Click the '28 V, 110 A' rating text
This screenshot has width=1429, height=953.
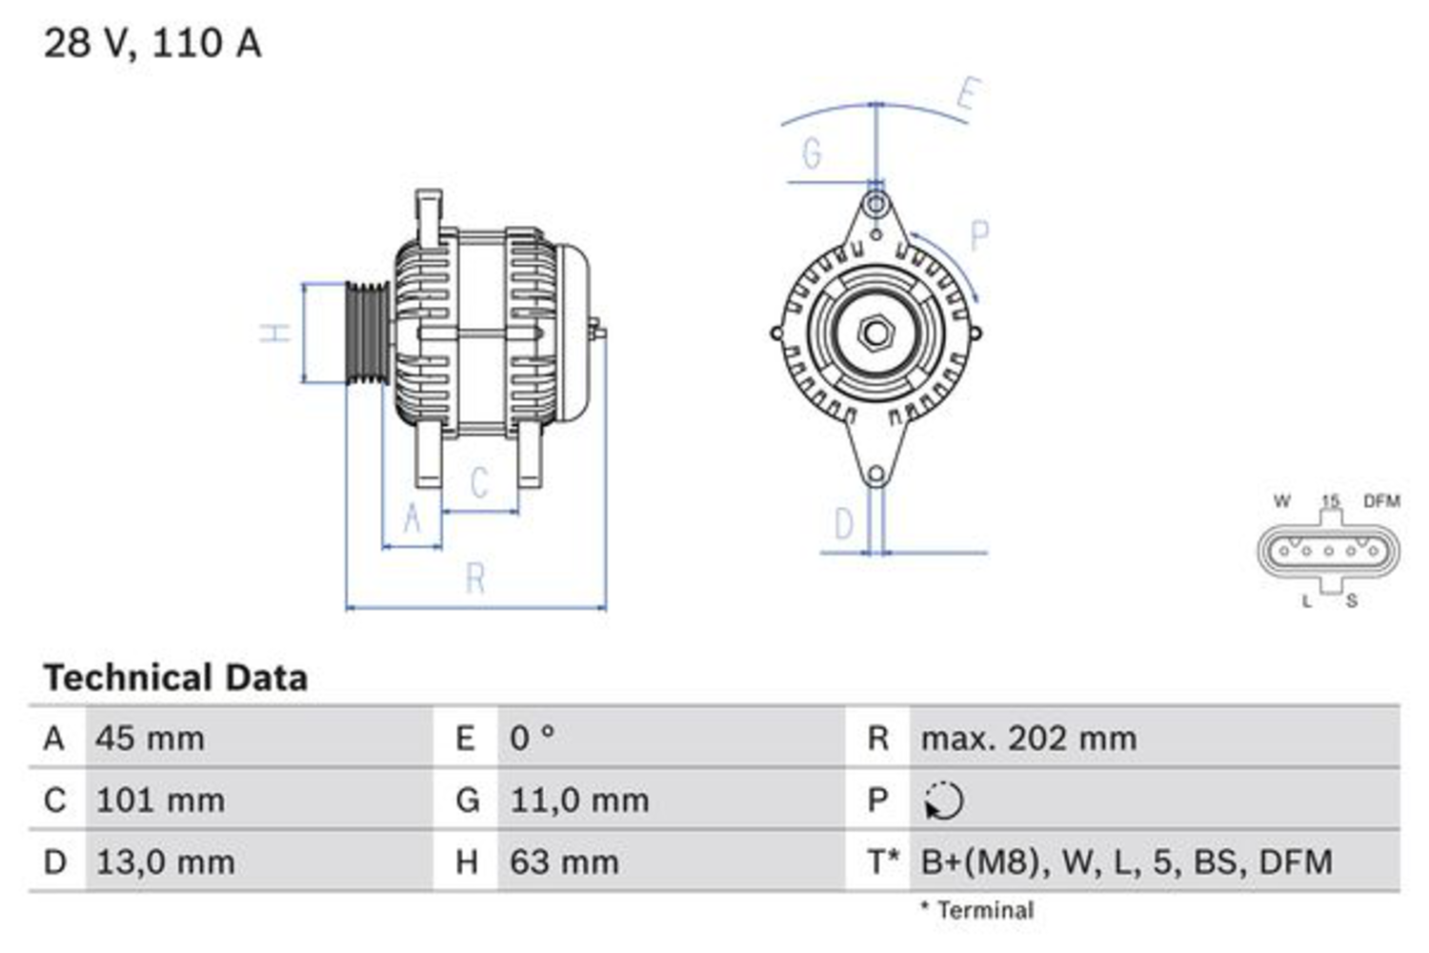tap(152, 43)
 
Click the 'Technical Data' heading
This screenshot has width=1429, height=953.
tap(175, 678)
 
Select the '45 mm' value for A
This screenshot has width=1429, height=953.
tap(150, 739)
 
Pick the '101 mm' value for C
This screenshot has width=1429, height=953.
tap(160, 801)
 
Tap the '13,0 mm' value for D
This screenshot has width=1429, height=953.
tap(165, 862)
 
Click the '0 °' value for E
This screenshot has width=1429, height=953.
tap(532, 739)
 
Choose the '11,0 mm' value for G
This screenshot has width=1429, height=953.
tap(579, 801)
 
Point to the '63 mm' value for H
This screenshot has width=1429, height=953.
tap(564, 862)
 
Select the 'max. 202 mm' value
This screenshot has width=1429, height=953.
tap(1029, 739)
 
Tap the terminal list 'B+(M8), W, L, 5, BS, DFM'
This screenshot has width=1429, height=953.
tap(1126, 862)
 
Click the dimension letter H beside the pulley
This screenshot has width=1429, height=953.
tap(275, 333)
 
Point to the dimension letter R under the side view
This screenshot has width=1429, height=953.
tap(475, 578)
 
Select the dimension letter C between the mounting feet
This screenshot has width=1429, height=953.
tap(479, 482)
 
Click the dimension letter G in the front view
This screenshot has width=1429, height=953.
tap(812, 153)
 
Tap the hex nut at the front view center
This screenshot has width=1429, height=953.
tap(875, 333)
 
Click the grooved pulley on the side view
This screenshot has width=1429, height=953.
tap(365, 333)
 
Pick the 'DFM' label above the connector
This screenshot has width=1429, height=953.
tap(1380, 501)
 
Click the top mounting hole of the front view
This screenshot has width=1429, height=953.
tap(876, 204)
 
